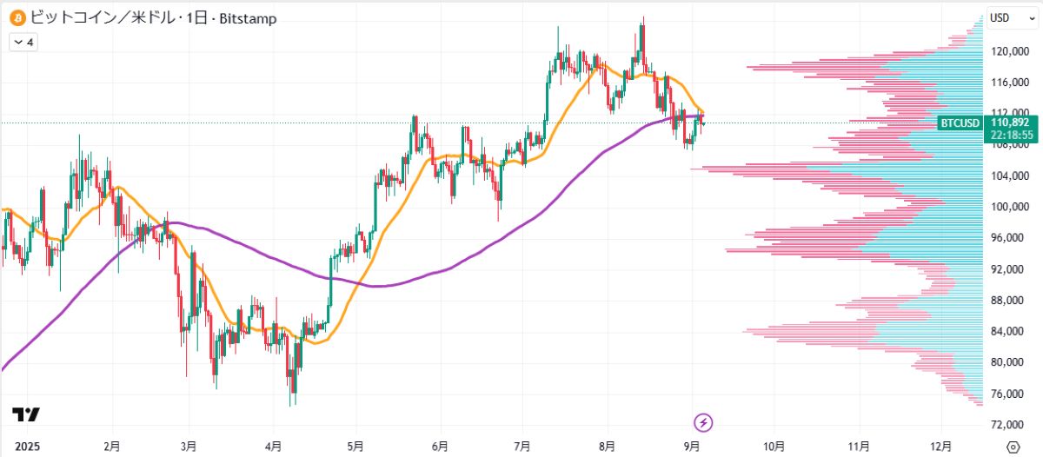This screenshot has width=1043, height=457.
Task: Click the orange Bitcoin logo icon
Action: pos(17,17)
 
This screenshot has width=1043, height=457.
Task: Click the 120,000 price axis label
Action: pos(1009,51)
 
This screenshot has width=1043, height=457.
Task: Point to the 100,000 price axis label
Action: pos(1009,207)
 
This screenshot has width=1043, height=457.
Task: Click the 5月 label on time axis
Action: pos(355,447)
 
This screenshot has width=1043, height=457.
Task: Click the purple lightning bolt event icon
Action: pos(704,423)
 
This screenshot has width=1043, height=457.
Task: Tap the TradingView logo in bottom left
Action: pos(25,415)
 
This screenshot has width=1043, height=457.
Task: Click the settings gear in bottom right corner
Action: pos(1013,446)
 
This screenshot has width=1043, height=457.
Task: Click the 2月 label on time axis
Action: pos(111,447)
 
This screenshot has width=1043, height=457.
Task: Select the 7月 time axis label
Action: pos(522,447)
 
